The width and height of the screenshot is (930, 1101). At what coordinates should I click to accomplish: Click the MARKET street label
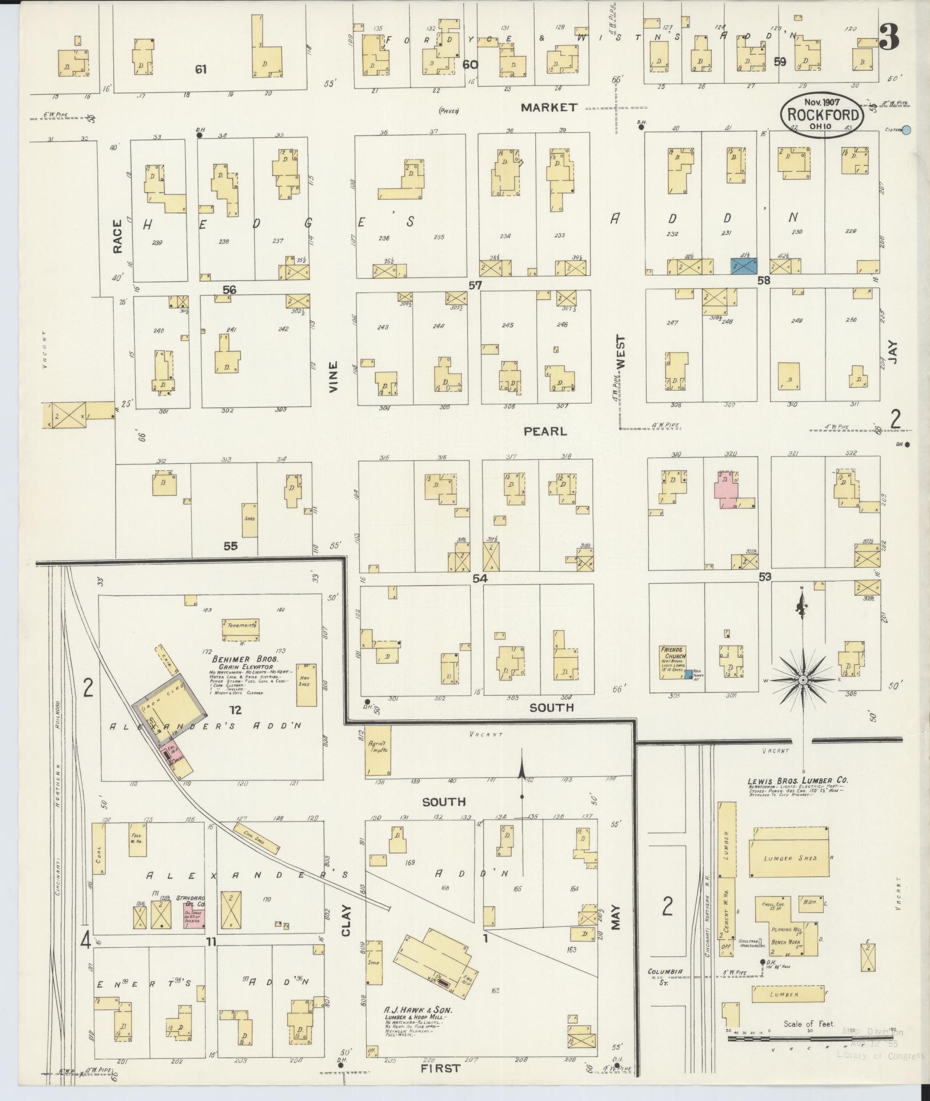coord(550,107)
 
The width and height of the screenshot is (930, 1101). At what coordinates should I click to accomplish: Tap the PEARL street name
coord(546,431)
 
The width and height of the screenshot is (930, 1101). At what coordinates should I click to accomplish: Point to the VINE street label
coord(334,377)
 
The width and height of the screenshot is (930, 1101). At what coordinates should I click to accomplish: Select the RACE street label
coord(118,236)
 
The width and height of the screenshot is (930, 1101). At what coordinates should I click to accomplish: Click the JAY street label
coord(893,353)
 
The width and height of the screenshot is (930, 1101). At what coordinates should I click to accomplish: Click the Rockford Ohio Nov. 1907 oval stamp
coord(823,115)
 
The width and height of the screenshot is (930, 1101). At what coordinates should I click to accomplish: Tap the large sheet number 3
coord(889,37)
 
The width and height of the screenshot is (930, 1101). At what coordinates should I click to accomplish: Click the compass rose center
coord(803,680)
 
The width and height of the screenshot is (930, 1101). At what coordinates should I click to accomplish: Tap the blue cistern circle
coord(906,130)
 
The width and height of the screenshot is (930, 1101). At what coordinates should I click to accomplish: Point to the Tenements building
coord(240,626)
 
